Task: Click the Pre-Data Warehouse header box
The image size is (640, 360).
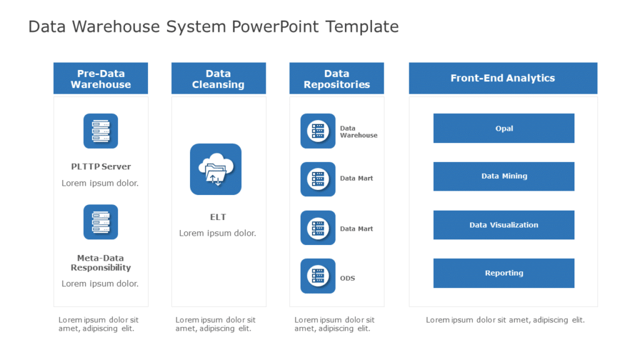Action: (x=101, y=79)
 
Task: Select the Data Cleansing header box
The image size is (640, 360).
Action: (x=218, y=79)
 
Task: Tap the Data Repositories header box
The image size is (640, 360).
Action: (x=336, y=79)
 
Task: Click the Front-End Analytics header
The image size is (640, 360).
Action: (x=502, y=78)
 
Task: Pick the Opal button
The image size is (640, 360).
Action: (x=504, y=128)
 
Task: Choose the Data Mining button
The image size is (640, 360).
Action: (x=504, y=176)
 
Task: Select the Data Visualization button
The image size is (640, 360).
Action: (x=504, y=225)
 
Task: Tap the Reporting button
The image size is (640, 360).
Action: (x=504, y=273)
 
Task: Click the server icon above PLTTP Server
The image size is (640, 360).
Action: (x=101, y=131)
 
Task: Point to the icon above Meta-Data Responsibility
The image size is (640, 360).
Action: (x=101, y=222)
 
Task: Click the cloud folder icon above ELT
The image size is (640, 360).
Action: (x=216, y=169)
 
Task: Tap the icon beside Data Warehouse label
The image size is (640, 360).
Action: (x=318, y=131)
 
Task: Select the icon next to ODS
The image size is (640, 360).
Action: (x=318, y=276)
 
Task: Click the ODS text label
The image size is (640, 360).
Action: (x=347, y=278)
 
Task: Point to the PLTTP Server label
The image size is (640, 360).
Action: (x=101, y=167)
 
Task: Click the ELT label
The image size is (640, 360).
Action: (x=217, y=217)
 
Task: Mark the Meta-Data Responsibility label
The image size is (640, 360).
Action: (x=101, y=262)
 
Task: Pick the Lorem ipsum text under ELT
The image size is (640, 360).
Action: (x=217, y=233)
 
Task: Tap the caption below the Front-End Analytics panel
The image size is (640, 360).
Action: (x=505, y=320)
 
